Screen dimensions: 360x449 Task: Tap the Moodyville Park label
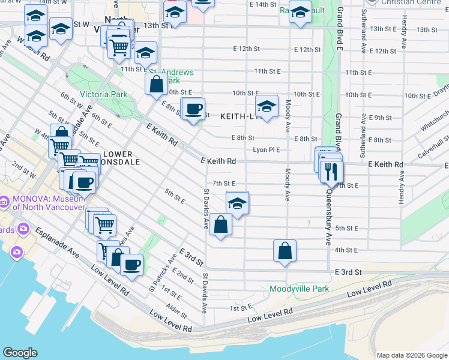click(300, 289)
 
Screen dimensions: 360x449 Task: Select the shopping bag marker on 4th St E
click(285, 250)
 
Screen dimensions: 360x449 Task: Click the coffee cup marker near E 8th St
click(193, 109)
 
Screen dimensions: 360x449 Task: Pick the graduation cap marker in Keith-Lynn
click(267, 107)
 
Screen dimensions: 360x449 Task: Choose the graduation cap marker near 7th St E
click(237, 202)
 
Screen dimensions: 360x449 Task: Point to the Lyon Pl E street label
click(266, 150)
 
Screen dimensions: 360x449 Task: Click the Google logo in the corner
click(20, 353)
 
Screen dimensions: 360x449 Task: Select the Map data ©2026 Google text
click(411, 355)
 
